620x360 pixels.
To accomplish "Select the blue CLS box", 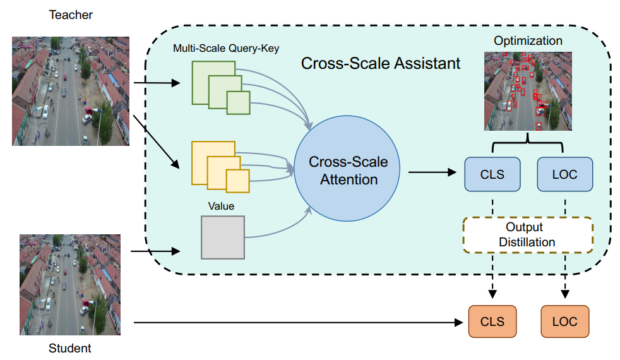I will (x=492, y=174).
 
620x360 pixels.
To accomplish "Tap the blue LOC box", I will (x=564, y=174).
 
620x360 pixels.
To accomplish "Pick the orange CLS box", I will (x=492, y=321).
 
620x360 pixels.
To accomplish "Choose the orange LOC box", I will (x=564, y=321).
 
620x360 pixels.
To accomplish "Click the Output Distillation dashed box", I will (x=528, y=234).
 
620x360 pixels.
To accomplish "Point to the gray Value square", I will (x=222, y=237).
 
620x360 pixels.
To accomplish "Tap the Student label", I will (x=70, y=348).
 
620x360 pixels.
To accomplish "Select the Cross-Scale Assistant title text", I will (x=381, y=64).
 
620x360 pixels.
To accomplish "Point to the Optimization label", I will (x=528, y=41).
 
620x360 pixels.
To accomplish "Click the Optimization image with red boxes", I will (x=528, y=91).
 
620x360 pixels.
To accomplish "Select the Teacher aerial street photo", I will (x=71, y=90).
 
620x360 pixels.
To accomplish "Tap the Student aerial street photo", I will (x=70, y=284).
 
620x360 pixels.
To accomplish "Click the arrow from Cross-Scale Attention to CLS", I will (x=432, y=172).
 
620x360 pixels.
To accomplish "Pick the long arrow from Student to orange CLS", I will (x=297, y=323).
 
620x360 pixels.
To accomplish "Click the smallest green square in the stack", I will (x=239, y=103).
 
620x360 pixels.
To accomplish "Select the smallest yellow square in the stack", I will (x=238, y=181).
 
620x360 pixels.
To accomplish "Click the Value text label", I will (x=221, y=206).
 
